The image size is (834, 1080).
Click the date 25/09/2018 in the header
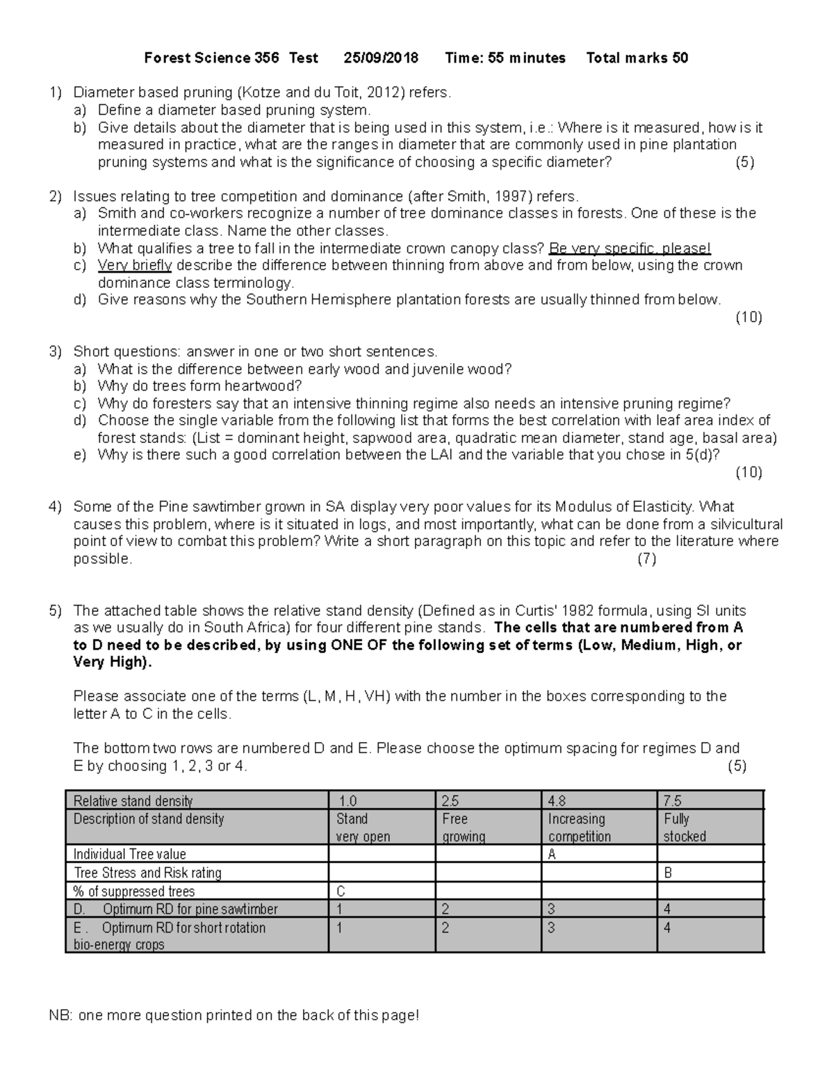[381, 58]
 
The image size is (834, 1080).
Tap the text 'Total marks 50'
[637, 58]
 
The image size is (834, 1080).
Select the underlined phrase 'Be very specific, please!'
[630, 248]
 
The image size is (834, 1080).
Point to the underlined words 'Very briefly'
[134, 266]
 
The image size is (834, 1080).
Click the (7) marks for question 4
[646, 559]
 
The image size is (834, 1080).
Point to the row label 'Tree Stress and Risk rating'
[147, 873]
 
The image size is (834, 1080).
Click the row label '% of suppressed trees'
[134, 892]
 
